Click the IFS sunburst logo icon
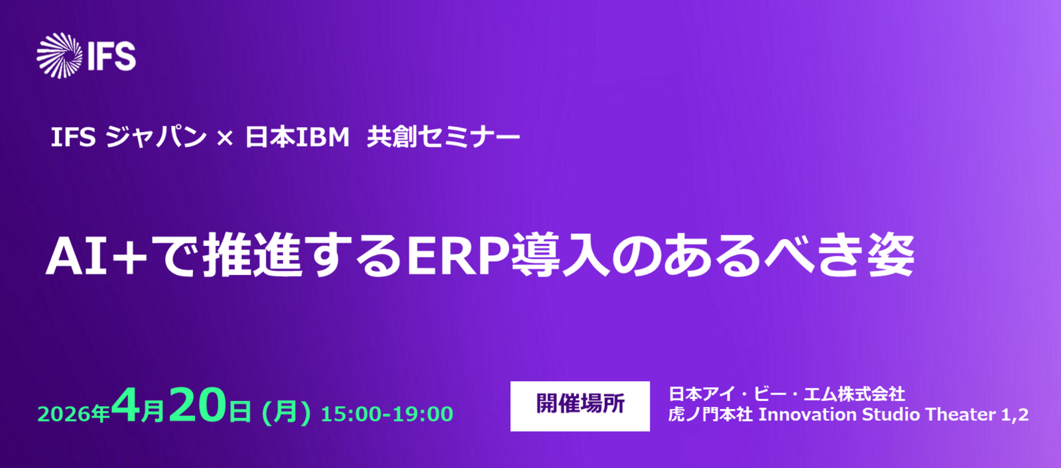60,56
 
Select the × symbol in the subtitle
225,139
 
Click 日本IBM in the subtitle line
297,137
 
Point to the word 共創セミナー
444,137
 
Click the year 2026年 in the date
74,414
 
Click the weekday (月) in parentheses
286,412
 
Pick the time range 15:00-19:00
387,414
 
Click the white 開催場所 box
580,406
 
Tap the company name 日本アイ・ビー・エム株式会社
786,394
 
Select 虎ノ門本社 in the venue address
710,414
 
